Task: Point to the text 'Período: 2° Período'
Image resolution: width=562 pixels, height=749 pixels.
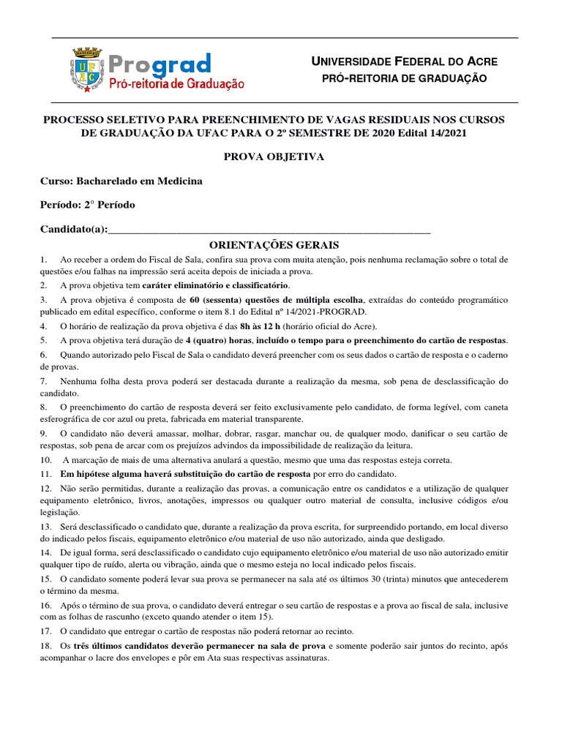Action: [x=88, y=206]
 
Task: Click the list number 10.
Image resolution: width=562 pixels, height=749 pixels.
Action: [x=46, y=460]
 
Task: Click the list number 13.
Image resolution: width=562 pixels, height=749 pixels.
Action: [x=46, y=527]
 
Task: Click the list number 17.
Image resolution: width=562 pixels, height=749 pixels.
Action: [x=46, y=631]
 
